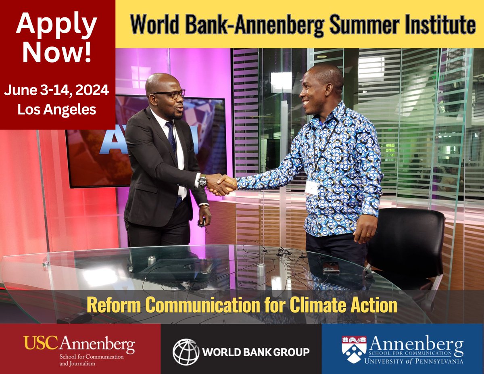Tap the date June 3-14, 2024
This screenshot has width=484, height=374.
click(56, 90)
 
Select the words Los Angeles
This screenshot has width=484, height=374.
click(56, 109)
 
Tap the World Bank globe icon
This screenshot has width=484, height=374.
click(186, 352)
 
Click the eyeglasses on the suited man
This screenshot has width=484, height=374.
click(171, 94)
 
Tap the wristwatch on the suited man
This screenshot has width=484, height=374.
click(202, 180)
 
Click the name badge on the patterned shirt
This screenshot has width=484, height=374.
click(311, 189)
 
